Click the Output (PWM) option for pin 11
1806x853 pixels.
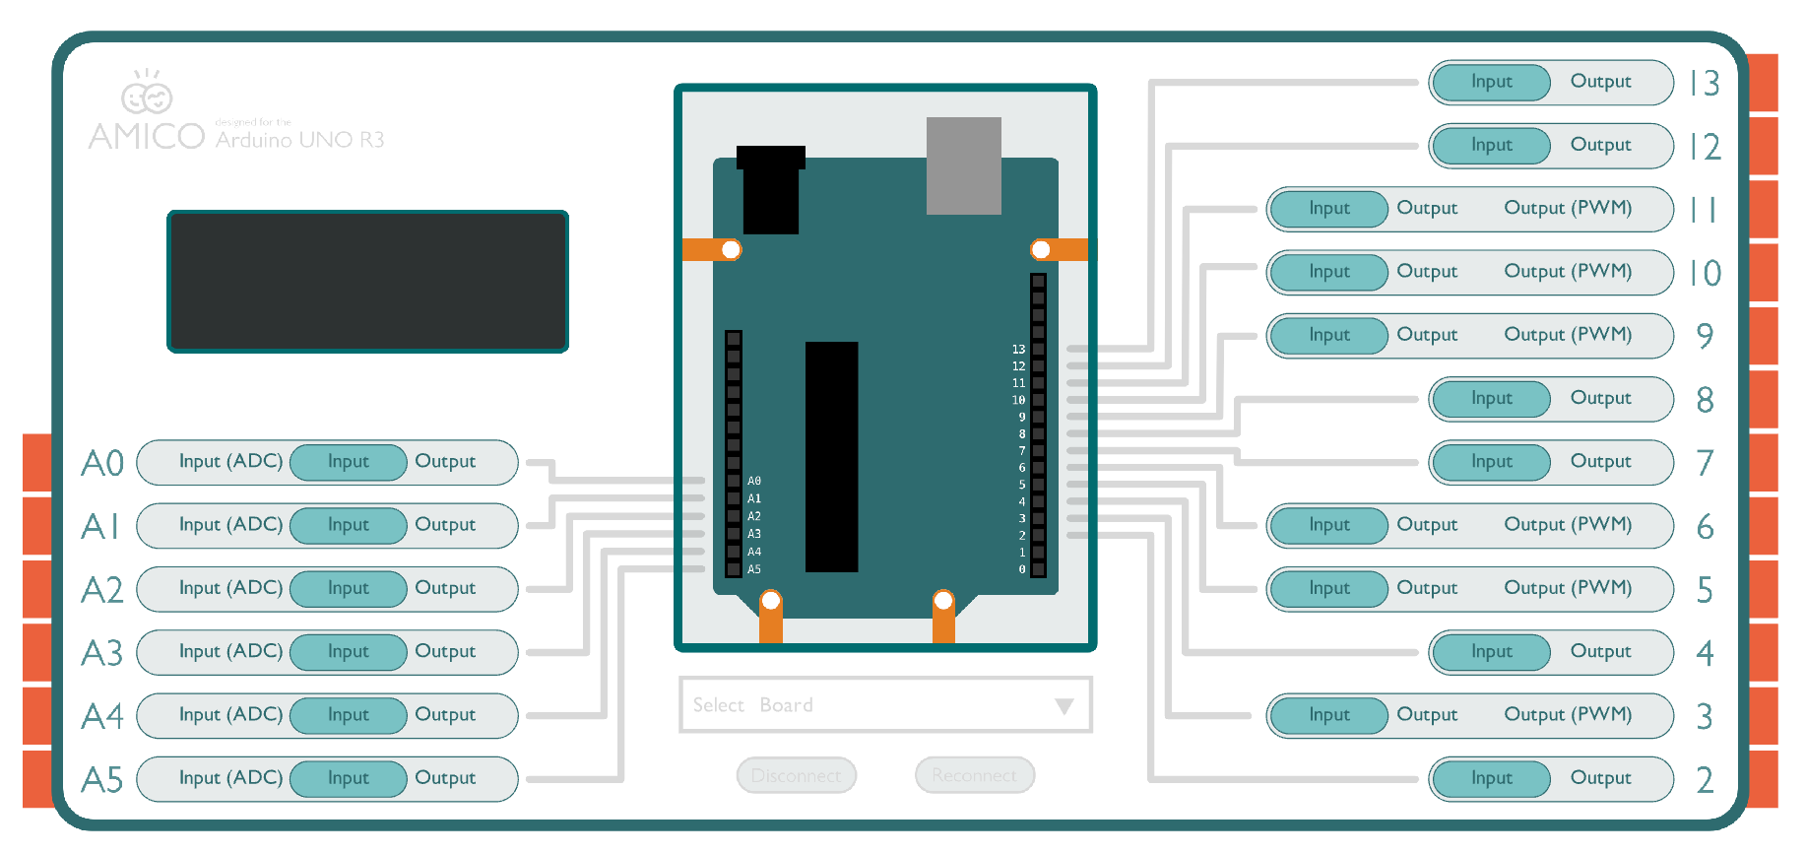pyautogui.click(x=1568, y=208)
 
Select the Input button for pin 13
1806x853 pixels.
pyautogui.click(x=1491, y=82)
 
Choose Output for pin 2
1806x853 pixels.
pyautogui.click(x=1600, y=778)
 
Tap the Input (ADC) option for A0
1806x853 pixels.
pyautogui.click(x=230, y=461)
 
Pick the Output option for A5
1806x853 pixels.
pyautogui.click(x=445, y=778)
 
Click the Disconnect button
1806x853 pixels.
pyautogui.click(x=796, y=776)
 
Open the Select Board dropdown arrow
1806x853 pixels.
pyautogui.click(x=1064, y=706)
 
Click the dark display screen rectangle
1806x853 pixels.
pyautogui.click(x=367, y=282)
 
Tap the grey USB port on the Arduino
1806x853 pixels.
pyautogui.click(x=963, y=165)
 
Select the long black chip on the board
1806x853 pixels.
pyautogui.click(x=831, y=457)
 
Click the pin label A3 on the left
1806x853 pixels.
pyautogui.click(x=102, y=653)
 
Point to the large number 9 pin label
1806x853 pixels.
pyautogui.click(x=1705, y=336)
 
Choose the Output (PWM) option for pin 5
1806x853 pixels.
pyautogui.click(x=1568, y=588)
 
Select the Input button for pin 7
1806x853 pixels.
pyautogui.click(x=1491, y=462)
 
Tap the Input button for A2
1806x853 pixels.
pyautogui.click(x=349, y=588)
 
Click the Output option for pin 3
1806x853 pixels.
pyautogui.click(x=1427, y=715)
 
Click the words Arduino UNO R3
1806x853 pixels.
pyautogui.click(x=299, y=140)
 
